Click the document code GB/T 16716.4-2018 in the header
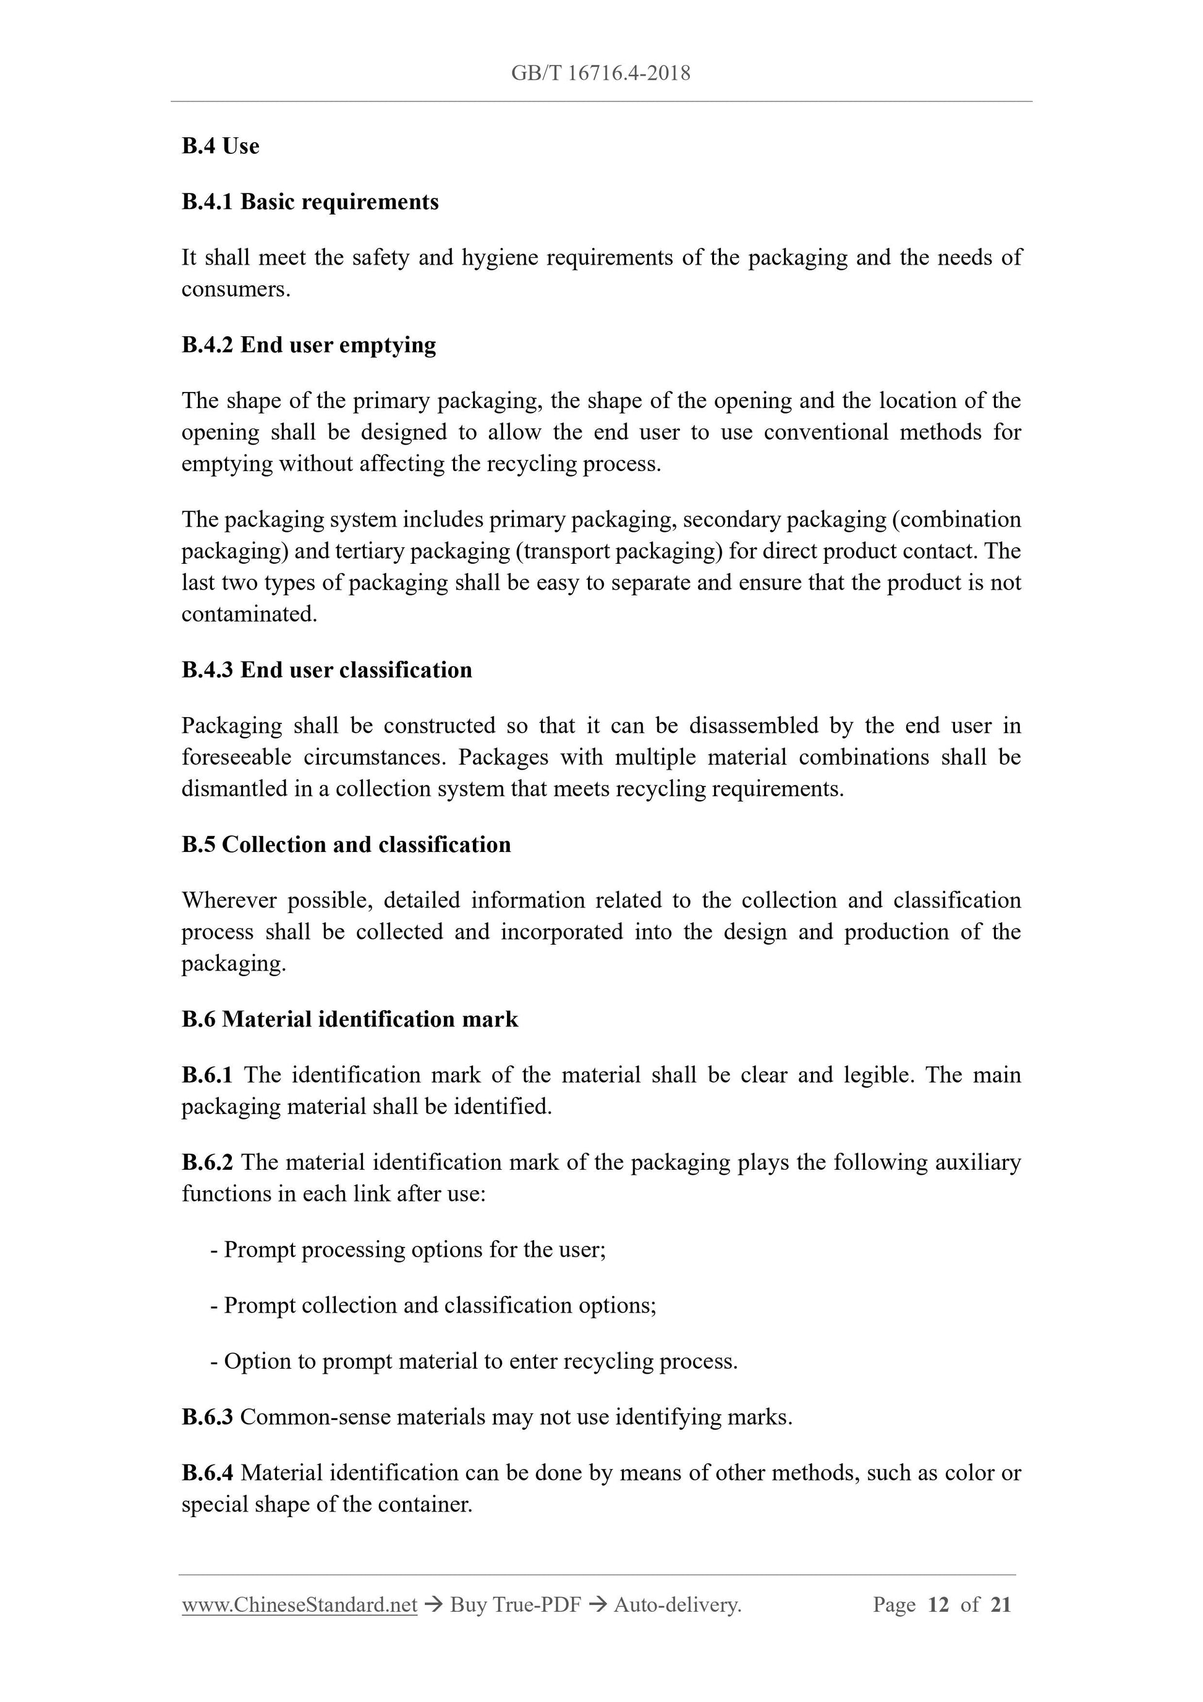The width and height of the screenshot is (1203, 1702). tap(600, 74)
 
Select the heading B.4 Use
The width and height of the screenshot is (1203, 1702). tap(220, 146)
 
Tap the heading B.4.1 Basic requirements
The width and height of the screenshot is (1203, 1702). tap(310, 202)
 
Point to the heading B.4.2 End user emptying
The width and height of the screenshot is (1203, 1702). tap(308, 345)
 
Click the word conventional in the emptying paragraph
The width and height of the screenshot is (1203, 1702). tap(825, 432)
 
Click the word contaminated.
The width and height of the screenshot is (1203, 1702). tap(249, 614)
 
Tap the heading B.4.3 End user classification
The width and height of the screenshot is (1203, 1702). tap(326, 670)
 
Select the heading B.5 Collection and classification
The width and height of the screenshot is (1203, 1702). tap(346, 845)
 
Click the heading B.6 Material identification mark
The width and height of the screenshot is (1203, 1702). tap(350, 1019)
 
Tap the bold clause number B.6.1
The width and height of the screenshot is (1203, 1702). tap(207, 1075)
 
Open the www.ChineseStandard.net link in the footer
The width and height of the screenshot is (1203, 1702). tap(299, 1605)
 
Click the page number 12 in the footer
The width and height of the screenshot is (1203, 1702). tap(938, 1605)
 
